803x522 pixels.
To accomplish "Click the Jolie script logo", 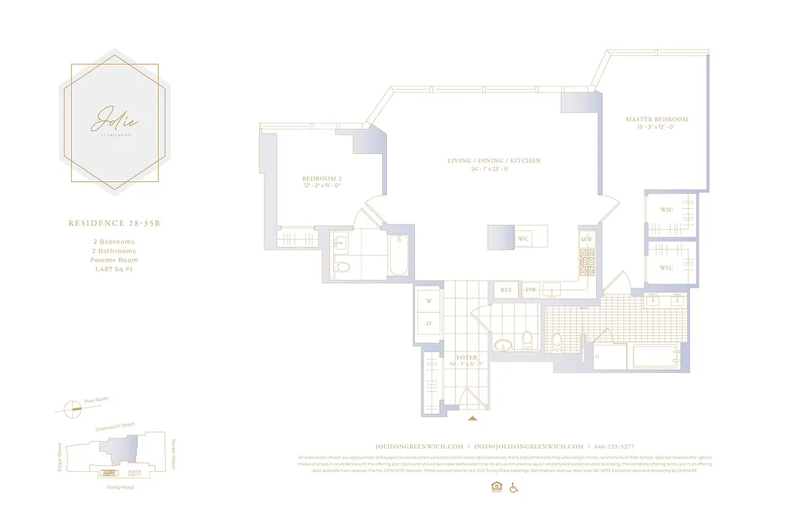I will click(115, 120).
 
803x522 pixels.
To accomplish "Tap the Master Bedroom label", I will click(656, 119).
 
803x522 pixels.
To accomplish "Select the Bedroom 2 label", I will click(322, 179).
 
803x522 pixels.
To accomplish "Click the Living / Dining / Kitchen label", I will click(494, 161).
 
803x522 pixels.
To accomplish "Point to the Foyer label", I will click(466, 358).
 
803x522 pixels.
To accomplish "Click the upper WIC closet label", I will click(666, 210).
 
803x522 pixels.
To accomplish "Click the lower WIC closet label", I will click(666, 268).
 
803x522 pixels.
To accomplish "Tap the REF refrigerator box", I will click(506, 290).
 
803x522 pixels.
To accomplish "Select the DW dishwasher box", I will click(531, 290).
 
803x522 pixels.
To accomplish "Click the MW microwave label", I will click(587, 239).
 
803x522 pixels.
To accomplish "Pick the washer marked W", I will click(429, 301).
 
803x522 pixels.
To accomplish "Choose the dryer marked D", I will click(429, 323).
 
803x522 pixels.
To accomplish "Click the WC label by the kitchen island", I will click(523, 239).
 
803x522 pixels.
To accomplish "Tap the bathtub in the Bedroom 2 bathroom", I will click(398, 256).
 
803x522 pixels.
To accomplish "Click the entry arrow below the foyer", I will click(472, 417).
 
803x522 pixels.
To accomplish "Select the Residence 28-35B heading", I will click(114, 223).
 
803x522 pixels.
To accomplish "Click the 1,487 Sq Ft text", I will click(114, 269).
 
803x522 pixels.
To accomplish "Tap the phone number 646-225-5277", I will click(614, 446).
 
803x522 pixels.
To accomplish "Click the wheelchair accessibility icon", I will click(513, 487).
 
